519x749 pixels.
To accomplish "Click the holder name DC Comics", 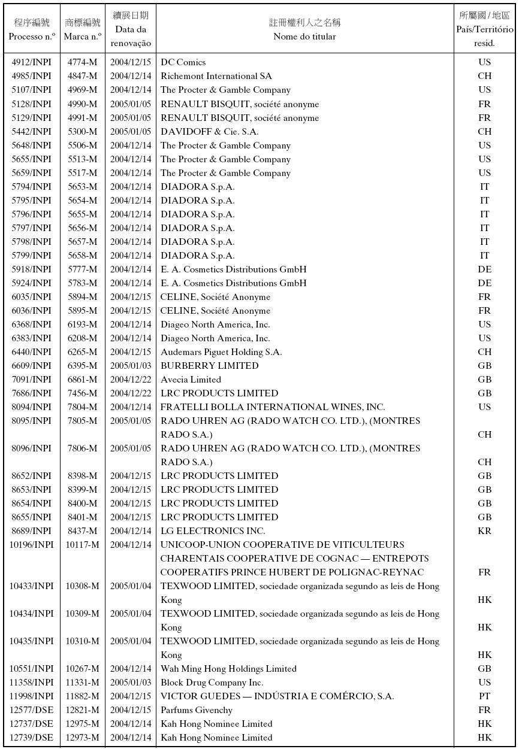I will [183, 62].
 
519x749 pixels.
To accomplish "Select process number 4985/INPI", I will [32, 76].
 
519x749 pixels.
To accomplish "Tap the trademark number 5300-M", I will [83, 132].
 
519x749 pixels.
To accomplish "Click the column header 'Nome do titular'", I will [304, 37].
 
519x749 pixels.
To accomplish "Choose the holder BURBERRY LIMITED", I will [209, 366].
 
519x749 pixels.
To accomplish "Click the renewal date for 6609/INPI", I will [131, 366].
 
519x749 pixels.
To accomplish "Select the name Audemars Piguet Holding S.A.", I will [221, 352].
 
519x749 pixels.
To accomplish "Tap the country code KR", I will [484, 531].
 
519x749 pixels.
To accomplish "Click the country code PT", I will [484, 696].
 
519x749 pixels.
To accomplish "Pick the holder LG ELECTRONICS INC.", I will [213, 531].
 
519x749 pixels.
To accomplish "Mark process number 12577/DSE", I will [32, 710].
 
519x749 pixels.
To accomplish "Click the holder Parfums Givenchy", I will [197, 710].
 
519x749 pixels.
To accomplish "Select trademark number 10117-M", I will [83, 545].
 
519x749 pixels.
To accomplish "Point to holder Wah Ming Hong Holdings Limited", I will [228, 669].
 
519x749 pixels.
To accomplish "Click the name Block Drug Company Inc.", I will [212, 683].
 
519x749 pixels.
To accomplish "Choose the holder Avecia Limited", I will [191, 380].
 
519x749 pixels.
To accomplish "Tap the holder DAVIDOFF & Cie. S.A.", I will [210, 132].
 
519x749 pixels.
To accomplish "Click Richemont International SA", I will [216, 76].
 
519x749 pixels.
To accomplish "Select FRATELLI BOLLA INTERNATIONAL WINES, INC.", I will [273, 407].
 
